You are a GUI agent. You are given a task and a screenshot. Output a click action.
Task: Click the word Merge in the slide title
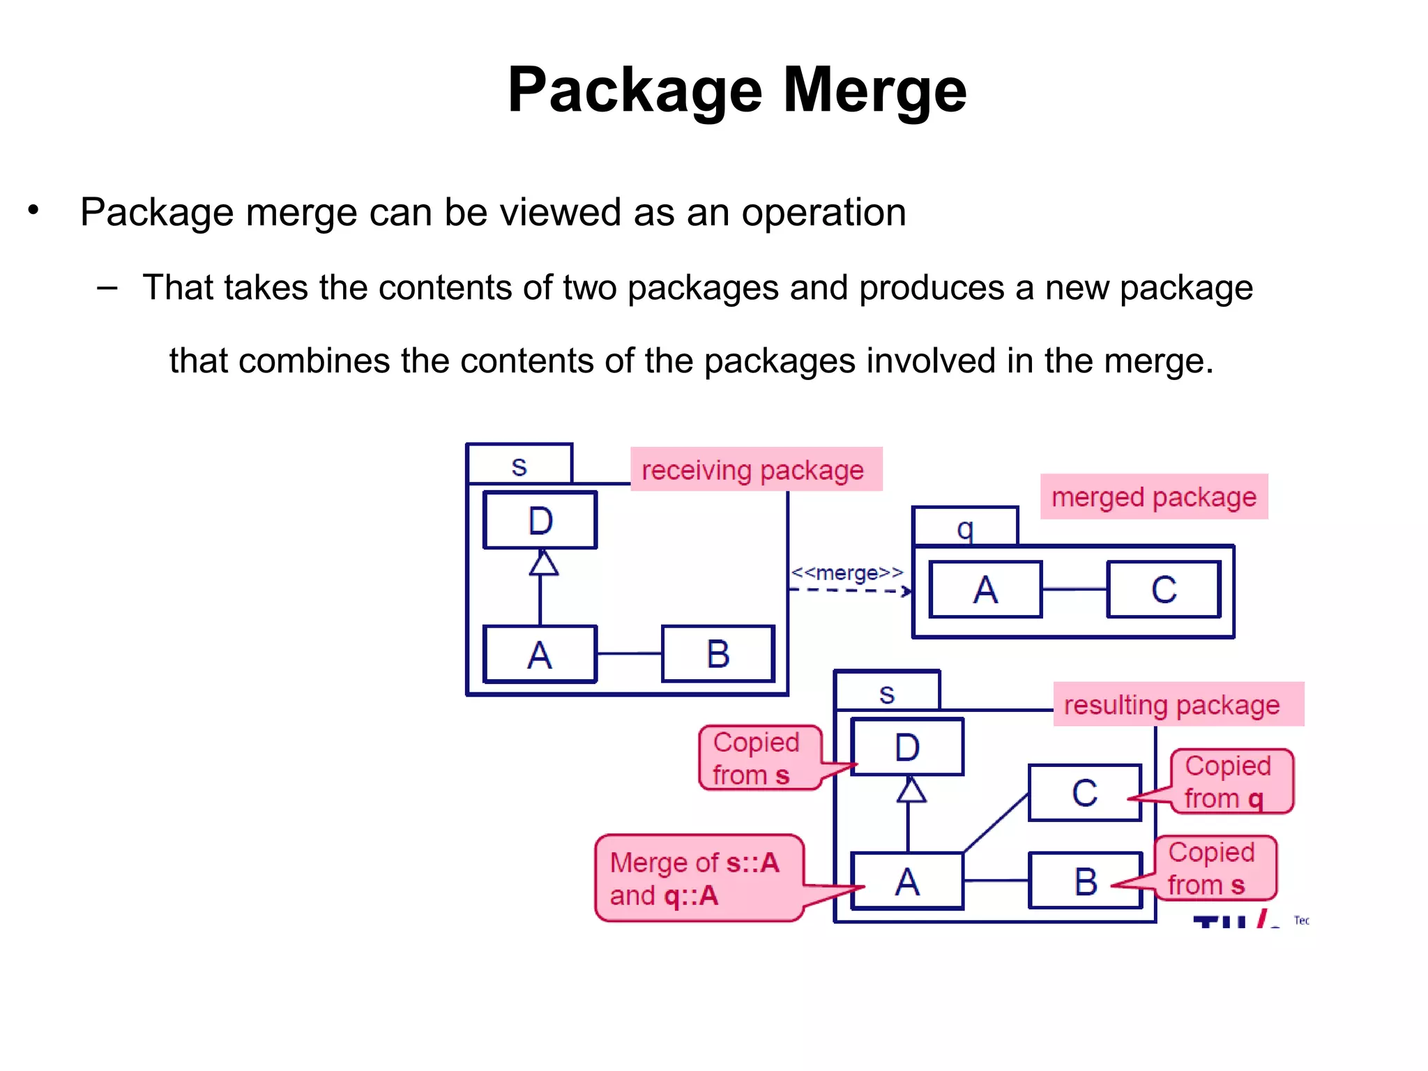pos(874,91)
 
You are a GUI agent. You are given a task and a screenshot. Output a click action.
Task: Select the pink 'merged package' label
pos(1153,497)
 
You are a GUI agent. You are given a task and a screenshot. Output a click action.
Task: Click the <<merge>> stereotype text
pos(846,573)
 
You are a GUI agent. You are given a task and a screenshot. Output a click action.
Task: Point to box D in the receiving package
pos(540,521)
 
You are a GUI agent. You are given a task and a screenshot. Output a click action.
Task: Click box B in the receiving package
pos(717,654)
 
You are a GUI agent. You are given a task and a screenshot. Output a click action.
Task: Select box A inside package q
pos(985,590)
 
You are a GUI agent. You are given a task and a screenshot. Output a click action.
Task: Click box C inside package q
pos(1164,590)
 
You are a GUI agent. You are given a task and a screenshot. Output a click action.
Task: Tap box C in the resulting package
pos(1084,793)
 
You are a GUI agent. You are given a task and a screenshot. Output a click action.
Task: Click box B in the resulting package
pos(1085,881)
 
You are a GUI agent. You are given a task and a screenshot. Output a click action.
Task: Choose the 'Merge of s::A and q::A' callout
pos(697,879)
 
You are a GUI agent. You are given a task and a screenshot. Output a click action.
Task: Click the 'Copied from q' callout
pos(1230,782)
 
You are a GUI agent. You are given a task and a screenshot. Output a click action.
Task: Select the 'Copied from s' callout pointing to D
pos(759,758)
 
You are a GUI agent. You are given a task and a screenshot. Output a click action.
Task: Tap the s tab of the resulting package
pos(887,692)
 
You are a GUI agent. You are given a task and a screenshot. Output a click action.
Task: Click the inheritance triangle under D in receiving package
pos(543,563)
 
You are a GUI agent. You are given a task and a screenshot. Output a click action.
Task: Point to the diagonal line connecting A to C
pos(996,823)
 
